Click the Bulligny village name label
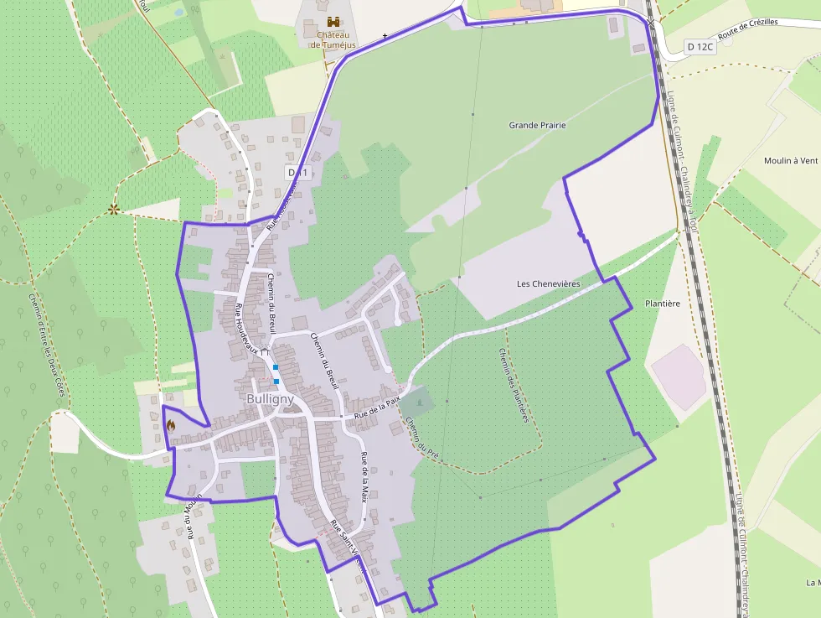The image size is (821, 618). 270,399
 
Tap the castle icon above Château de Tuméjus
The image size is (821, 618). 333,21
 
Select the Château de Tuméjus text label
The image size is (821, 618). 333,39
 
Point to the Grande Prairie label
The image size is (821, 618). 537,125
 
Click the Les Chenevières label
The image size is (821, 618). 549,283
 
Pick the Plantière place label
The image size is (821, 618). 662,303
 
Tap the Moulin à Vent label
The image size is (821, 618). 790,160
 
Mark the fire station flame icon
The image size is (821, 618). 171,424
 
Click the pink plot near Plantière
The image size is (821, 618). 679,376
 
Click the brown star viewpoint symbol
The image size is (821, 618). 113,209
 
